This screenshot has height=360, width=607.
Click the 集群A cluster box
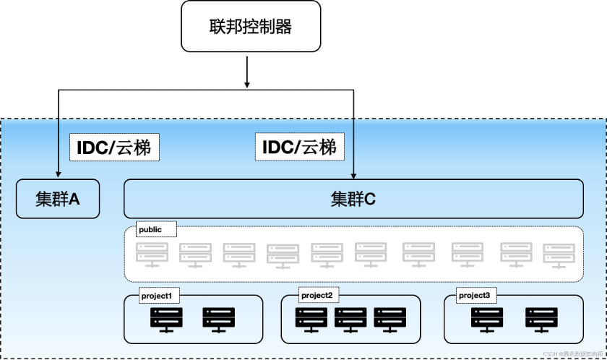[58, 199]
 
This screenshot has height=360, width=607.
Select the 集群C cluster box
[353, 199]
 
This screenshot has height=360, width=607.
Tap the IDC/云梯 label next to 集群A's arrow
[114, 147]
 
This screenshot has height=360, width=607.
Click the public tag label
[150, 229]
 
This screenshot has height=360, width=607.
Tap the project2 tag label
[317, 295]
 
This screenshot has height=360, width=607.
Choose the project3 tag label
[474, 295]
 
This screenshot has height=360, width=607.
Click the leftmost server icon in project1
[167, 320]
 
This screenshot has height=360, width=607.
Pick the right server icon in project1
[219, 320]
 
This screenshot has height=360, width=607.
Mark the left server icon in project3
[487, 320]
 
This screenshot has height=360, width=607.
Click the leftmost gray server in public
[152, 254]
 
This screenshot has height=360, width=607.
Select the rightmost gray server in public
[559, 255]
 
